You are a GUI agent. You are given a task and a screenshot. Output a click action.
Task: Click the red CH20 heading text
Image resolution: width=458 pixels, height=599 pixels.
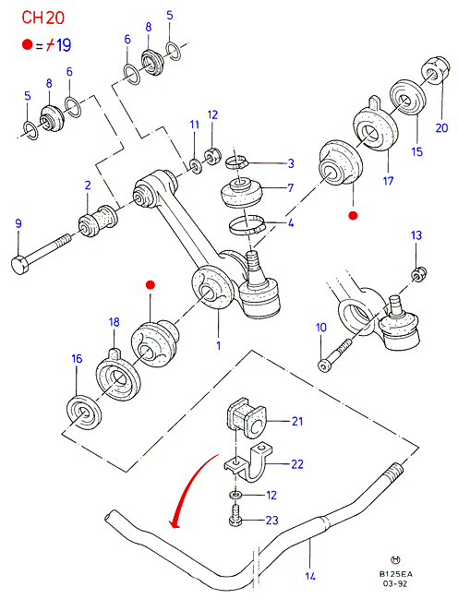42,18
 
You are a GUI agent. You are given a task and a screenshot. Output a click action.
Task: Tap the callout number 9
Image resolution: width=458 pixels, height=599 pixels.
18,223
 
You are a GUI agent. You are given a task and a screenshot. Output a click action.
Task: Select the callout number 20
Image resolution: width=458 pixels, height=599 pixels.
441,127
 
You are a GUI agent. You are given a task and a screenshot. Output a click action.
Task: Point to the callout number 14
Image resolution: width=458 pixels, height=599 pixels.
310,576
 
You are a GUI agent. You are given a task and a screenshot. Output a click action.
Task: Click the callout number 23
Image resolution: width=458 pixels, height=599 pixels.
271,521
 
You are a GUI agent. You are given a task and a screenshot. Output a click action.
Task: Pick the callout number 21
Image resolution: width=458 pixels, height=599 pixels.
297,422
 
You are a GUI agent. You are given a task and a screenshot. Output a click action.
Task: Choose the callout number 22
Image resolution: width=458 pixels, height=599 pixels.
297,464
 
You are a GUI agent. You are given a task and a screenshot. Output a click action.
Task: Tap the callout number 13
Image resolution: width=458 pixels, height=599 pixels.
416,235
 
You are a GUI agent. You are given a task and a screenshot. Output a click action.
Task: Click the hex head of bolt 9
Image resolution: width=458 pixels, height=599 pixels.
19,265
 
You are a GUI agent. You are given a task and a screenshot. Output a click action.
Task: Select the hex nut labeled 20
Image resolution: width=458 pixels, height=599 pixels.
435,70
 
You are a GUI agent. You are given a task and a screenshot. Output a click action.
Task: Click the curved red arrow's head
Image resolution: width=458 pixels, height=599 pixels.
175,522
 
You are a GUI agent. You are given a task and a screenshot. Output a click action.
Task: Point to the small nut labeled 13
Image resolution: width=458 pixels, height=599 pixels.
419,274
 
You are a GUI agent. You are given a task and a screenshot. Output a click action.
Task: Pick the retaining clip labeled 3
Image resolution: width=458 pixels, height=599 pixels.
235,162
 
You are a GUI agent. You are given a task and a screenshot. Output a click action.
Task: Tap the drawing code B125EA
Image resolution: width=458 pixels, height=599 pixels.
396,574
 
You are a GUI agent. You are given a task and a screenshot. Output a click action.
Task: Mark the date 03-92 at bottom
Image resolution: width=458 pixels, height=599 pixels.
396,583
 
